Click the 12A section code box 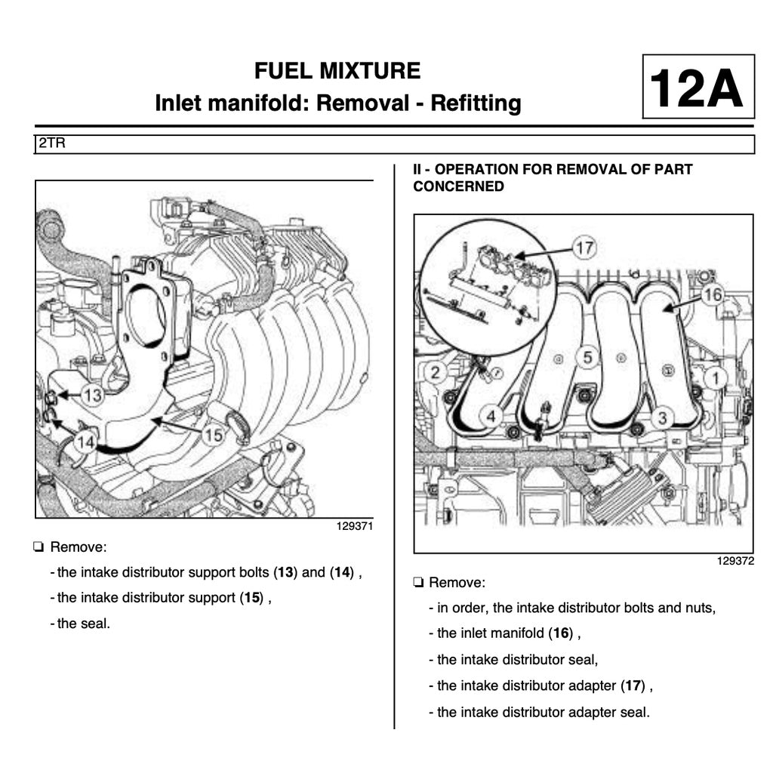click(698, 87)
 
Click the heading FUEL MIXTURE click(337, 71)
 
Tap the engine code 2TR click(51, 143)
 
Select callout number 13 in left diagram click(92, 394)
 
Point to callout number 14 click(85, 443)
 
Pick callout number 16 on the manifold click(712, 295)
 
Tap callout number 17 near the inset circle click(584, 247)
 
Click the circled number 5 click(588, 357)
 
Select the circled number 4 click(491, 416)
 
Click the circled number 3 click(662, 417)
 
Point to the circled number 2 click(435, 371)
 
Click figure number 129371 click(355, 527)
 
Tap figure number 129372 click(735, 562)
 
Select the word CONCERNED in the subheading click(458, 186)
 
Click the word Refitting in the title click(476, 102)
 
